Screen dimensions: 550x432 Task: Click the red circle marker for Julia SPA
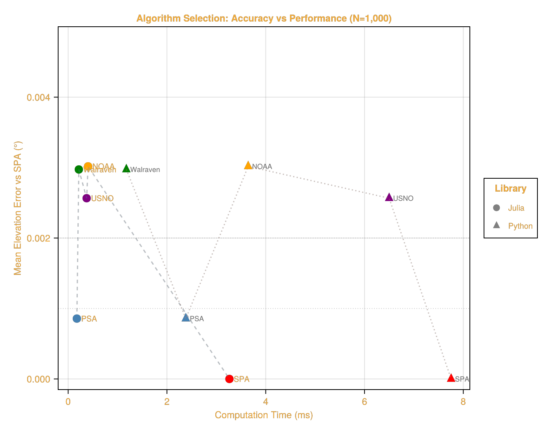point(229,379)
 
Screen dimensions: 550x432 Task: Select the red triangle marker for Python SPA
point(451,378)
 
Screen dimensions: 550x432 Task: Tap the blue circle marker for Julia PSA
point(77,319)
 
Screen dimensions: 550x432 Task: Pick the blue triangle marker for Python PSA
point(186,318)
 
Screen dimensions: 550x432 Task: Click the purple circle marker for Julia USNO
point(86,198)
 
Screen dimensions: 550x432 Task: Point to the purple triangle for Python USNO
point(389,197)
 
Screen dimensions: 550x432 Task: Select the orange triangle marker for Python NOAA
point(248,165)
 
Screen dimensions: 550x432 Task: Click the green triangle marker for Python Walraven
point(126,168)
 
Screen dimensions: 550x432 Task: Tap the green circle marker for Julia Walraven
point(79,169)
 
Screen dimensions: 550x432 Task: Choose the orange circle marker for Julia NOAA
point(88,167)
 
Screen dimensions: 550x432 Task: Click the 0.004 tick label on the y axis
point(38,97)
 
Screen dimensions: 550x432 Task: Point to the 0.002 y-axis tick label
point(38,238)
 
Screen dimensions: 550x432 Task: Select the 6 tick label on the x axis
point(365,402)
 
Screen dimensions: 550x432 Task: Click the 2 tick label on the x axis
point(167,402)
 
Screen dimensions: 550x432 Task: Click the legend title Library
point(510,189)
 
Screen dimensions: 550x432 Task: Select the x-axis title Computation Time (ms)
point(264,415)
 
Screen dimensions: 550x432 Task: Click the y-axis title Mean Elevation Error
point(18,208)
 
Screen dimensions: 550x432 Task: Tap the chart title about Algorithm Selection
point(264,18)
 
